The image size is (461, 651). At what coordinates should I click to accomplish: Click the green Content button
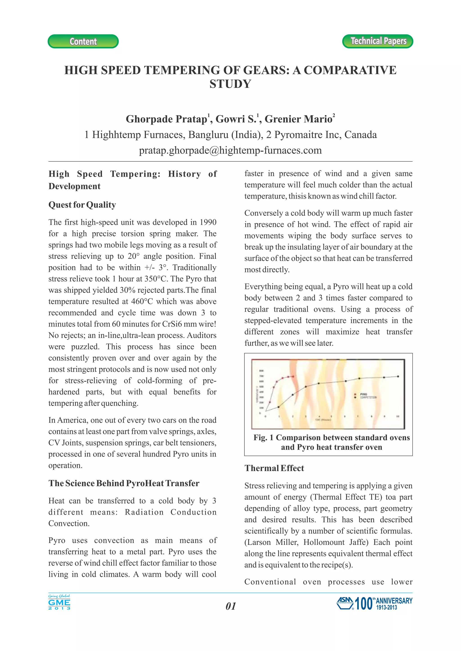[x=83, y=41]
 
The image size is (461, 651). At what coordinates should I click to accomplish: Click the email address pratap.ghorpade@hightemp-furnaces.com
[x=230, y=150]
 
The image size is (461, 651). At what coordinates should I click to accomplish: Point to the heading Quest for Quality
[x=82, y=205]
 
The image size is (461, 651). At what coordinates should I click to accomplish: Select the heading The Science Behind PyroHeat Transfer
[x=124, y=483]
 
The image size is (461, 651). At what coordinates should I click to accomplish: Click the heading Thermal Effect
[x=274, y=468]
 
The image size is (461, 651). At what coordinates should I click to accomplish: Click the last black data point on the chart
[x=398, y=377]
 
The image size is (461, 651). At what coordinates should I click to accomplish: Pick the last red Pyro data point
[x=293, y=377]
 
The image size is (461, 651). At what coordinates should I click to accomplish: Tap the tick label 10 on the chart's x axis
[x=398, y=417]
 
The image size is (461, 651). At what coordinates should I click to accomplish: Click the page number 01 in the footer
[x=230, y=606]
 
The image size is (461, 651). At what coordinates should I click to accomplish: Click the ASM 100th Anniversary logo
[x=374, y=603]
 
